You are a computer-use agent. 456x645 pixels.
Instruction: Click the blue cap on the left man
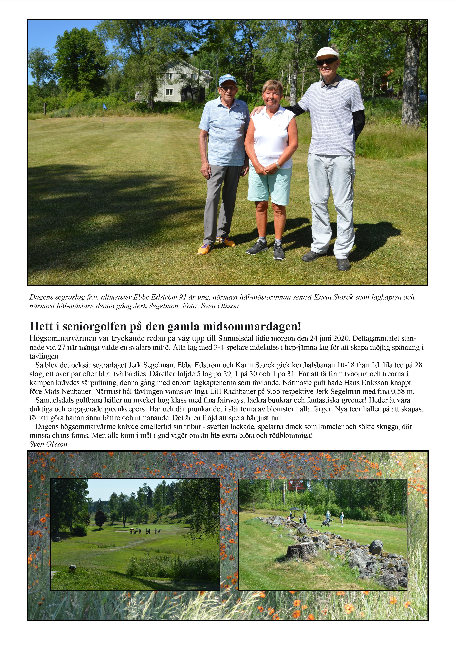pyautogui.click(x=227, y=79)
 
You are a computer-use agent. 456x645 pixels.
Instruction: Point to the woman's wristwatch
pyautogui.click(x=278, y=165)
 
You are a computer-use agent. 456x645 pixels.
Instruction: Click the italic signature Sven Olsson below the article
pyautogui.click(x=48, y=444)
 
